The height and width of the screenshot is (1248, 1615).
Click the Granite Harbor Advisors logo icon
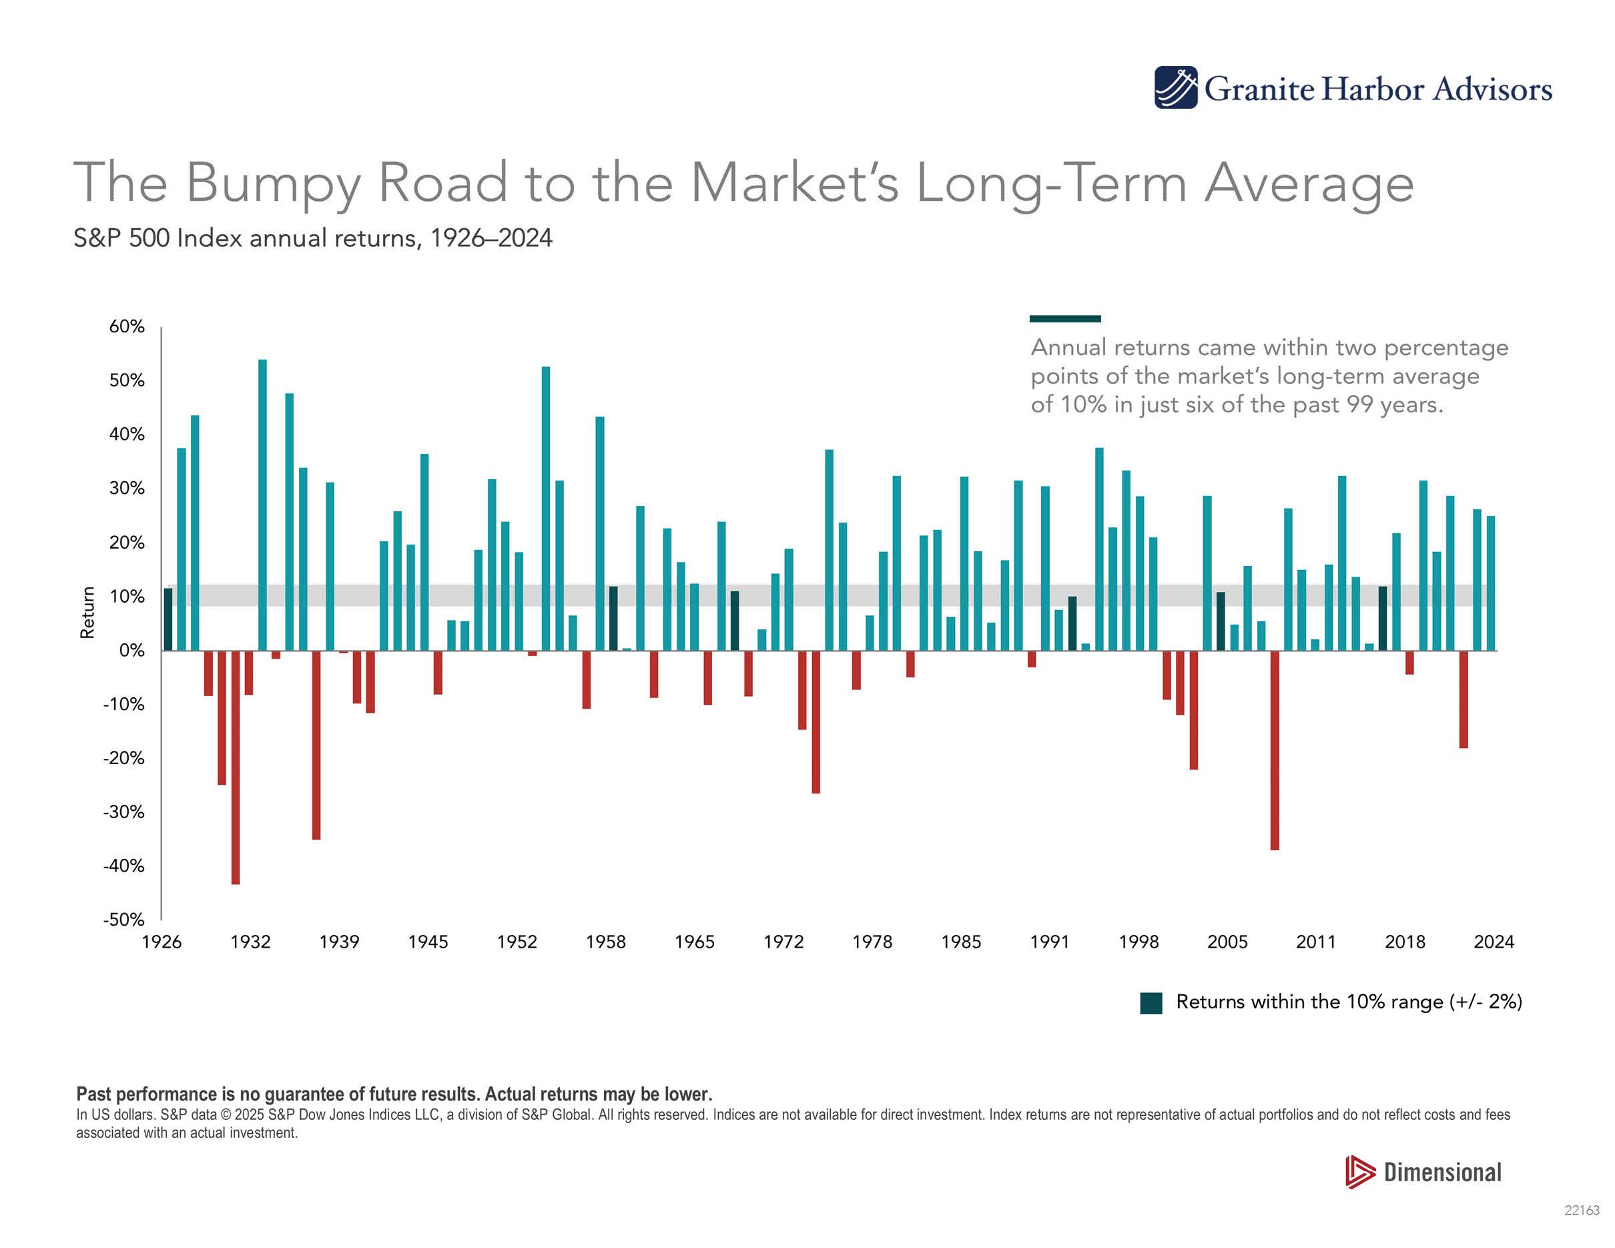click(1176, 88)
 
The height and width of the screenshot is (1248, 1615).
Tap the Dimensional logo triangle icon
click(1359, 1172)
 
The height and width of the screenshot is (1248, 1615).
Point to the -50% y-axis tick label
click(123, 919)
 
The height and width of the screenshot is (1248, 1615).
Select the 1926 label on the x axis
click(161, 942)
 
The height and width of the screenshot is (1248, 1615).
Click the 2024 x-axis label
click(1494, 942)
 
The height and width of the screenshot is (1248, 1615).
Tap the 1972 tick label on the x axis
click(783, 942)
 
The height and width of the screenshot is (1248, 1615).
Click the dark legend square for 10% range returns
click(1151, 1002)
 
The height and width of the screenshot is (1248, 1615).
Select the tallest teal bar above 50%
click(262, 505)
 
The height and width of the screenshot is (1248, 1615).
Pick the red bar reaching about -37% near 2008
click(1275, 749)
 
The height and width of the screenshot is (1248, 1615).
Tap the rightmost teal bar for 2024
click(1491, 583)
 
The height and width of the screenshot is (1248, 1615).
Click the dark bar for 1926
click(168, 619)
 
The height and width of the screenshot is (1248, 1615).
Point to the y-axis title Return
click(88, 612)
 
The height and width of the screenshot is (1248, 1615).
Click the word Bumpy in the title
click(273, 183)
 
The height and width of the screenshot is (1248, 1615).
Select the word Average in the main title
click(1309, 183)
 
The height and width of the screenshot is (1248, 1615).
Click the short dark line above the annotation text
click(1065, 318)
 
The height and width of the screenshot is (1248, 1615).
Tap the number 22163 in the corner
click(1582, 1211)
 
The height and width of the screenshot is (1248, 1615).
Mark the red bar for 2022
click(1464, 699)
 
